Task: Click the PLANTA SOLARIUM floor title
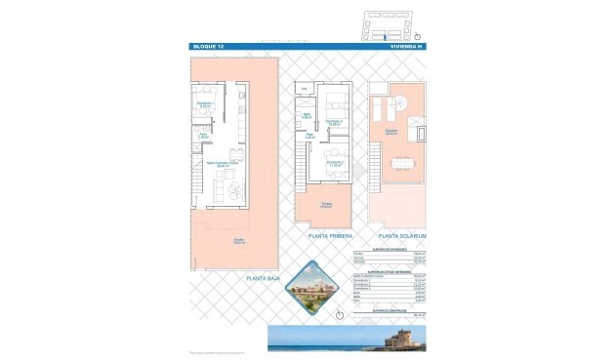coord(402,236)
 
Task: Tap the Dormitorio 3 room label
coord(335,122)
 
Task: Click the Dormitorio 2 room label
coord(336,163)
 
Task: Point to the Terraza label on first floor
coord(326,205)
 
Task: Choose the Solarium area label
coord(390,132)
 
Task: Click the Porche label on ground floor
coord(238,241)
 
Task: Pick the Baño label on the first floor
coord(307,117)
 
